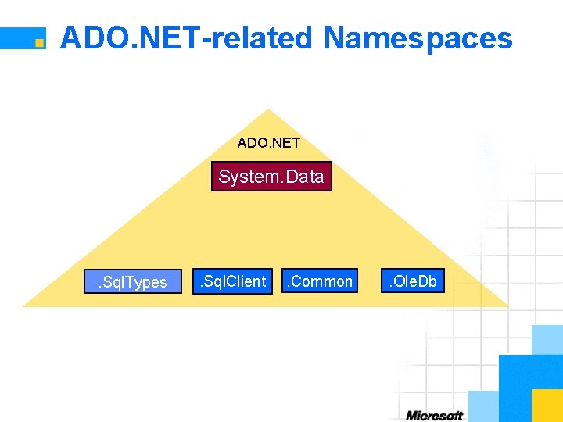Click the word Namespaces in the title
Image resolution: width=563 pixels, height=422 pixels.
(418, 38)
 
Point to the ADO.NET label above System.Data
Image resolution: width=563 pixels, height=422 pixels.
(269, 143)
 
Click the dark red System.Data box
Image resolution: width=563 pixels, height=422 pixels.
(271, 177)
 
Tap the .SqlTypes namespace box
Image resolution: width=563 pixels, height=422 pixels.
(132, 281)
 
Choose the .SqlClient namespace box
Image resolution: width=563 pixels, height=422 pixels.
(231, 281)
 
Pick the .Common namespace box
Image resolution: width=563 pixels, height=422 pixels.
(320, 281)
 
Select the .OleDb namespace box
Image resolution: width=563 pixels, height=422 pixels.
(413, 281)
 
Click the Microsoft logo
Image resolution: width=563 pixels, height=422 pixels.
(434, 416)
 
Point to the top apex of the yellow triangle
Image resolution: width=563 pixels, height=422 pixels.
(268, 110)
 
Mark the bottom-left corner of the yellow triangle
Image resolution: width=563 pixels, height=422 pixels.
(24, 306)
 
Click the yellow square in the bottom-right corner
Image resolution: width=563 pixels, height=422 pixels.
(547, 406)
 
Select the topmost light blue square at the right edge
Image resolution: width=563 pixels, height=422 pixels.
(547, 339)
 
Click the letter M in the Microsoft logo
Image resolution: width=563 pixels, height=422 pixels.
(412, 416)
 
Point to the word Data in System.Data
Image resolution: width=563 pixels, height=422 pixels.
(304, 177)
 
